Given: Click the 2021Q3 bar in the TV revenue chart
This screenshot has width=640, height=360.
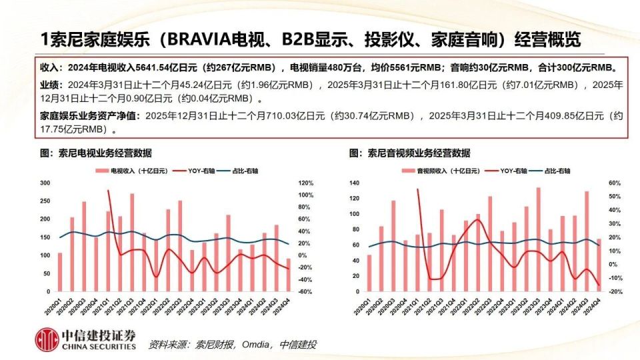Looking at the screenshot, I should (132, 243).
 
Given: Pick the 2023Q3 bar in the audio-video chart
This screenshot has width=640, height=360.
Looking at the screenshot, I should (539, 240).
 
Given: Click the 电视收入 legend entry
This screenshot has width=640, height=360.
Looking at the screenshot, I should (127, 171).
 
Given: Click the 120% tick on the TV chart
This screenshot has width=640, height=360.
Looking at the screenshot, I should (305, 183).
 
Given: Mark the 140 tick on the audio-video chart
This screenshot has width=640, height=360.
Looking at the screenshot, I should (353, 183).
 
